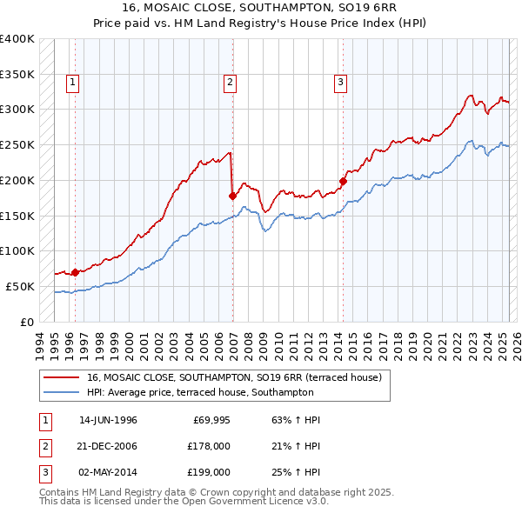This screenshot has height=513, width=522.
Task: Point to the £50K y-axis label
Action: pos(21,286)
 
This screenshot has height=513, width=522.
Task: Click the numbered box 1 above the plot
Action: pos(72,83)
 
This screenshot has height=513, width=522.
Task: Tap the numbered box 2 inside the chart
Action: pos(230,83)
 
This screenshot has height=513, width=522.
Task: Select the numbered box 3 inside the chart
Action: pos(340,83)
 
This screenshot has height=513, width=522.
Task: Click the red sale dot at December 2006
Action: pos(232,196)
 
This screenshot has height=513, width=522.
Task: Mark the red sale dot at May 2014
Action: pos(343,181)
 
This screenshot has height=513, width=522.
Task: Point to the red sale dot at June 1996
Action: pos(75,272)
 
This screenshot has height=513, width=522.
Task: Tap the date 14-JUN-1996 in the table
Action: pos(108,420)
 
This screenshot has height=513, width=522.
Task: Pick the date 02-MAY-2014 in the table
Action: pos(108,472)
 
